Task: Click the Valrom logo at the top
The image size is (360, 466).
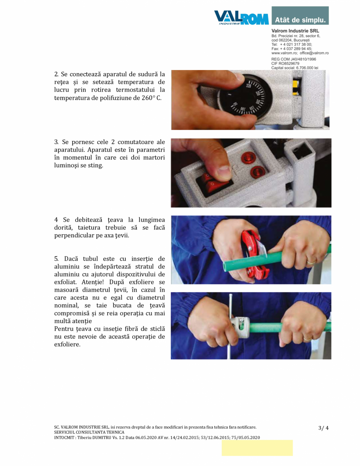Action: click(241, 17)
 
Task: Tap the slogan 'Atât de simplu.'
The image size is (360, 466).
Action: click(300, 20)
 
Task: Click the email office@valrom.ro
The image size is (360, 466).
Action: click(314, 53)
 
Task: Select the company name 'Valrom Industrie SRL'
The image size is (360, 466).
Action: click(295, 31)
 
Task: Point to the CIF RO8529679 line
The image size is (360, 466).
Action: click(285, 63)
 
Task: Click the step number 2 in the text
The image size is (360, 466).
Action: click(56, 74)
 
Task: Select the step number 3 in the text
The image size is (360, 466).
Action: click(56, 142)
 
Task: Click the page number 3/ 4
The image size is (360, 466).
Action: click(323, 428)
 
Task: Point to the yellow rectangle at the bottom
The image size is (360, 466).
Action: click(257, 448)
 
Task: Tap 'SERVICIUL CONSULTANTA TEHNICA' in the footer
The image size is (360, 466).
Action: click(89, 432)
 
